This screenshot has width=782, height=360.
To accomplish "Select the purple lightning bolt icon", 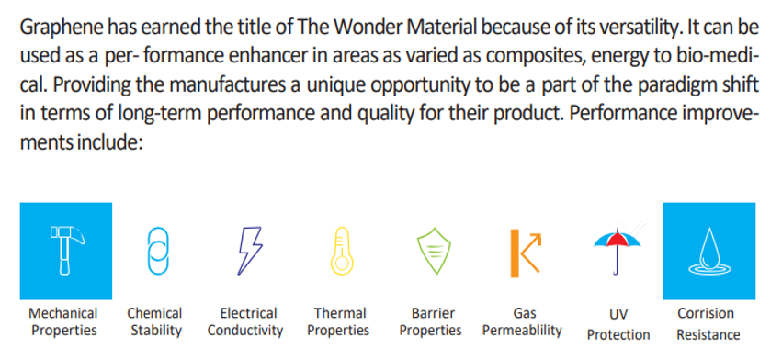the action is (x=249, y=251).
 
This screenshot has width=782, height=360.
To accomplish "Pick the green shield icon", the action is (x=434, y=251).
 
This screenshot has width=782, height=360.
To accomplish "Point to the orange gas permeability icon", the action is (x=525, y=253).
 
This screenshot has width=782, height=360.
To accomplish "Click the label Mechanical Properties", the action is (x=62, y=321).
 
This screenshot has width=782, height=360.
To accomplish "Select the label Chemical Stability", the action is (x=154, y=321).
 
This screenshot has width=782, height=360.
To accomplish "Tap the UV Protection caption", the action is (x=618, y=324).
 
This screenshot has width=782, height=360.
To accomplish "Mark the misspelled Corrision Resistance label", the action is (x=708, y=323).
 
